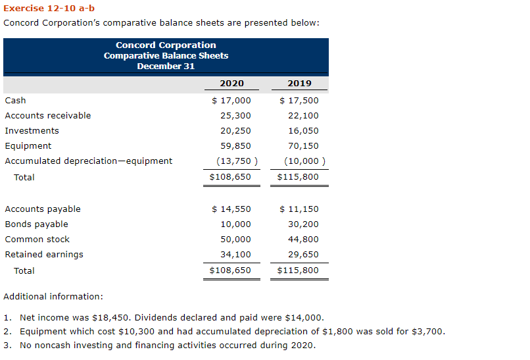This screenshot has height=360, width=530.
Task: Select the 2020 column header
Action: [x=231, y=84]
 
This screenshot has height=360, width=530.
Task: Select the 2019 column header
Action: [x=300, y=84]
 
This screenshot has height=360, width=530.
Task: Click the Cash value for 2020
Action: [x=231, y=101]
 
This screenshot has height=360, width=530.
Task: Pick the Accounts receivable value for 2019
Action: [x=303, y=116]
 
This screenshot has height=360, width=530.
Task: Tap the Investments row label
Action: [x=32, y=131]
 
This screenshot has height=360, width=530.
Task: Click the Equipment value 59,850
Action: [x=235, y=146]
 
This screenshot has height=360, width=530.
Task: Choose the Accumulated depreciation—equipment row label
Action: [x=88, y=161]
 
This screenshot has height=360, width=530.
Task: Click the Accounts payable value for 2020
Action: [x=231, y=209]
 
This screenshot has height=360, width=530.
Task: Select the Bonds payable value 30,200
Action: [x=303, y=224]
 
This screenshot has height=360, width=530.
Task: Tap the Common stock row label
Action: [x=37, y=240]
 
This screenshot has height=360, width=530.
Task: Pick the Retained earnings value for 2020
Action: [x=235, y=255]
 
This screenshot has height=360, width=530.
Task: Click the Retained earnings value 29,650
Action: [x=303, y=255]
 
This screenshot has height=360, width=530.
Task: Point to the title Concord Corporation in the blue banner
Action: [x=166, y=45]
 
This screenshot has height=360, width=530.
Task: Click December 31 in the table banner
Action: [x=166, y=66]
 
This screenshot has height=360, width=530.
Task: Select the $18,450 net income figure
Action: [x=113, y=317]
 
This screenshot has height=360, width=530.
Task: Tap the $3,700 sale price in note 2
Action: [x=430, y=331]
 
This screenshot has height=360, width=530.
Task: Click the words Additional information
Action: [x=53, y=297]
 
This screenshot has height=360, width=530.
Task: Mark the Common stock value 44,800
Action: [x=303, y=240]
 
